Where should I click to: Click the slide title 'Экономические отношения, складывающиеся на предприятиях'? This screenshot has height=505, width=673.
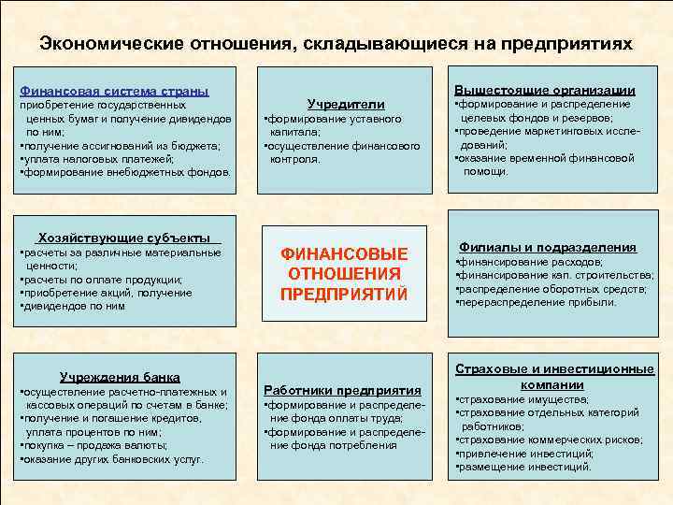(x=336, y=44)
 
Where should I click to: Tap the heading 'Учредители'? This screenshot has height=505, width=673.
(x=346, y=104)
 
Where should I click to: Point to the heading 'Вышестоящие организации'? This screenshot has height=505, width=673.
(x=545, y=90)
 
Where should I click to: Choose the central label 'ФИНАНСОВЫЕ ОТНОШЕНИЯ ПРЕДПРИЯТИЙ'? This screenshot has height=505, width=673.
(x=345, y=274)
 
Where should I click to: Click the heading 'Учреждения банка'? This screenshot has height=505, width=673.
(x=120, y=377)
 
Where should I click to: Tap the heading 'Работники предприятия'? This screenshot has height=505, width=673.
(x=343, y=389)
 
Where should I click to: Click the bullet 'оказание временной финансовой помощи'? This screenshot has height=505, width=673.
(x=546, y=165)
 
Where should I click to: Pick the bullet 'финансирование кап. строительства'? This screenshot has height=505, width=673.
(x=556, y=275)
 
